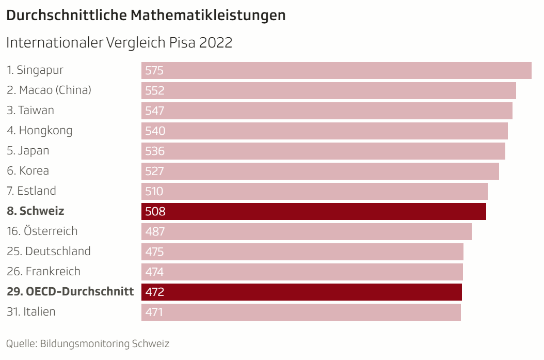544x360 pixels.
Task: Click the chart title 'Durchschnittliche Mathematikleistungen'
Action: [x=146, y=15]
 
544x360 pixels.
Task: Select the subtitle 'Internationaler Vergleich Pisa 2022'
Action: [x=119, y=42]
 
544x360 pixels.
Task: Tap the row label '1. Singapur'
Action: [x=35, y=70]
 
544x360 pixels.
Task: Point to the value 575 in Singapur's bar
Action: [x=154, y=71]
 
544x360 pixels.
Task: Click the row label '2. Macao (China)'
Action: [x=49, y=90]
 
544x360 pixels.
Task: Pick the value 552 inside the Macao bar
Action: [x=155, y=91]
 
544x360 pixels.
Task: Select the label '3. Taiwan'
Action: [x=30, y=110]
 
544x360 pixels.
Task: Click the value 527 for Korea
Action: [x=155, y=171]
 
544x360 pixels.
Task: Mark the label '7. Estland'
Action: [x=31, y=191]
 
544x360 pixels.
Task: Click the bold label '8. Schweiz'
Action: [x=36, y=211]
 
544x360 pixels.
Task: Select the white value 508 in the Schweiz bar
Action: [x=155, y=212]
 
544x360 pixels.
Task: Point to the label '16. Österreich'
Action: [x=42, y=231]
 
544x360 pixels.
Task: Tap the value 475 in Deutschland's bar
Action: [x=155, y=252]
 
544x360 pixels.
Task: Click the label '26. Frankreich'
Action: [x=44, y=271]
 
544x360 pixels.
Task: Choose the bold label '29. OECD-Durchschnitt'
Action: [x=70, y=291]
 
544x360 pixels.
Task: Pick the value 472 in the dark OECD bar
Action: [x=155, y=292]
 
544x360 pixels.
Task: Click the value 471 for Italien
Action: [x=154, y=312]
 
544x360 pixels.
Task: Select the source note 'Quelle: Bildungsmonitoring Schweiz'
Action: [x=88, y=343]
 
